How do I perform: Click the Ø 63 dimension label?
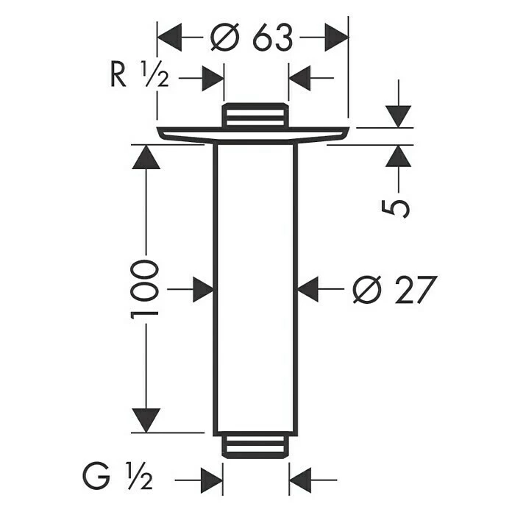pos(252,37)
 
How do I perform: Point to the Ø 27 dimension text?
pos(394,289)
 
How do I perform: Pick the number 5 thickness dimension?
pos(396,206)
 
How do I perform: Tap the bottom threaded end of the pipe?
pos(254,447)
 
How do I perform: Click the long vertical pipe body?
pos(254,287)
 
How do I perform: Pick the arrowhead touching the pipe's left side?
pos(202,288)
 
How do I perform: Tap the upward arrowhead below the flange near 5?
pos(398,157)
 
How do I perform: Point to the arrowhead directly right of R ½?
pos(212,77)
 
